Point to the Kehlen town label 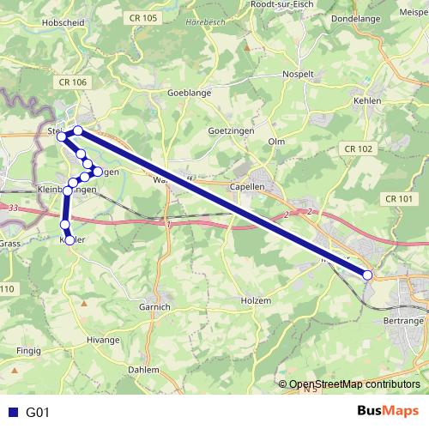tap(367, 100)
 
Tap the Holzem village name tap(256, 301)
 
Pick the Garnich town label tap(154, 306)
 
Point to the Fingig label tap(28, 351)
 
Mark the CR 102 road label tap(359, 149)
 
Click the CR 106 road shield tap(74, 82)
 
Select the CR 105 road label tap(145, 18)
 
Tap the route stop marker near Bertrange tap(367, 275)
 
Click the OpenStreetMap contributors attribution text tap(353, 384)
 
